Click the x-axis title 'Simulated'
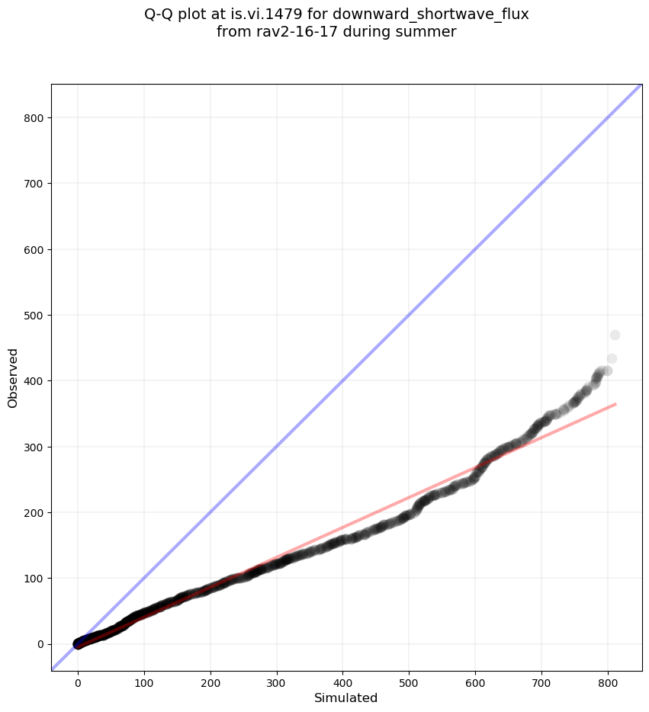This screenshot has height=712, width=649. click(346, 698)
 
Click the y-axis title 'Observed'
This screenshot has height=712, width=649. click(13, 377)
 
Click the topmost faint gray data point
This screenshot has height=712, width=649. click(615, 335)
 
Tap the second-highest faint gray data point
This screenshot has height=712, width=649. click(612, 359)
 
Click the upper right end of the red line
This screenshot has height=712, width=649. click(615, 404)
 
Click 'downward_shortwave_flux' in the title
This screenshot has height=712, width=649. click(431, 14)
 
